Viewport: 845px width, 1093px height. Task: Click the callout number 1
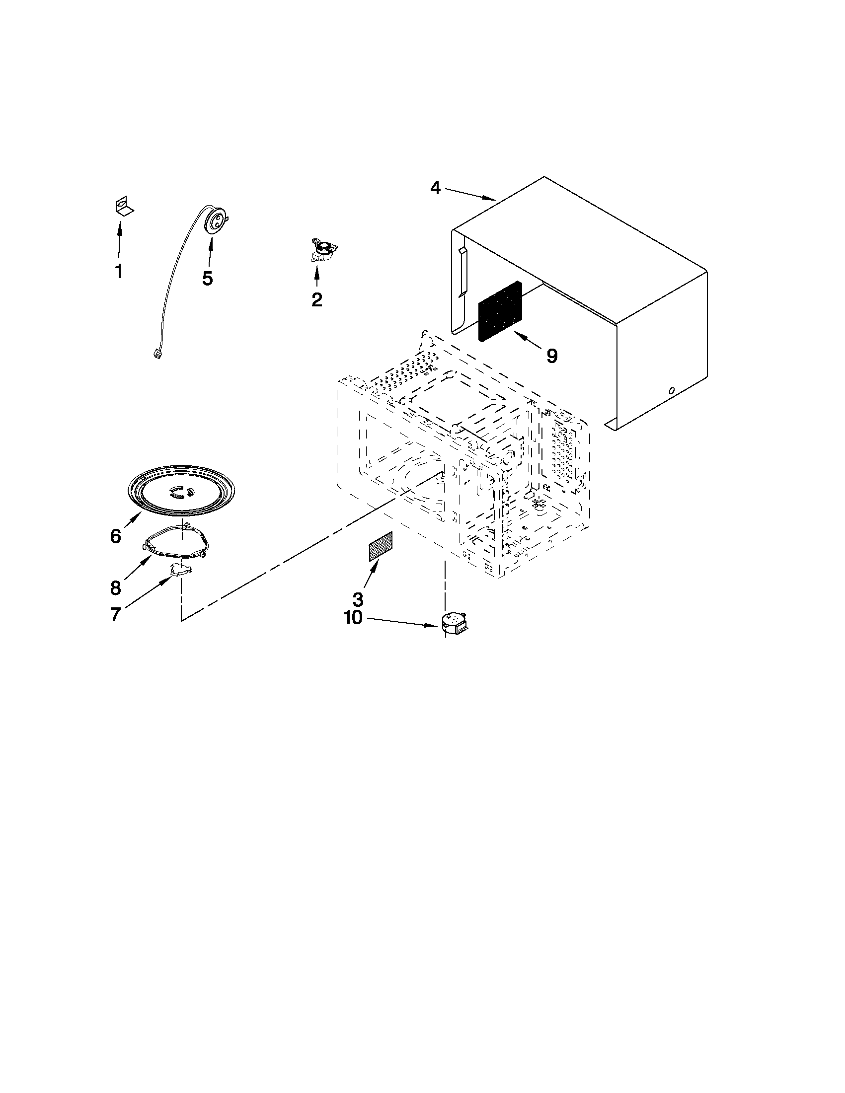tap(119, 272)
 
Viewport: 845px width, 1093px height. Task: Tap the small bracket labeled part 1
tap(122, 206)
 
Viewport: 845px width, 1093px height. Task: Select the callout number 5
tap(207, 278)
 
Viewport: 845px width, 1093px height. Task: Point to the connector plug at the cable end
tap(156, 355)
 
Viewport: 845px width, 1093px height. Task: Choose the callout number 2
tap(316, 300)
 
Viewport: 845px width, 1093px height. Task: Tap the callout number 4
tap(435, 188)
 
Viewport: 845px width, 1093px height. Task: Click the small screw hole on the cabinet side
tap(672, 390)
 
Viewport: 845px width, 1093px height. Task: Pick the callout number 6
tap(115, 536)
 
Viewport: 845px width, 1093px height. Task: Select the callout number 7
tap(115, 615)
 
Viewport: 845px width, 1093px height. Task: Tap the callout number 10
tap(353, 618)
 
